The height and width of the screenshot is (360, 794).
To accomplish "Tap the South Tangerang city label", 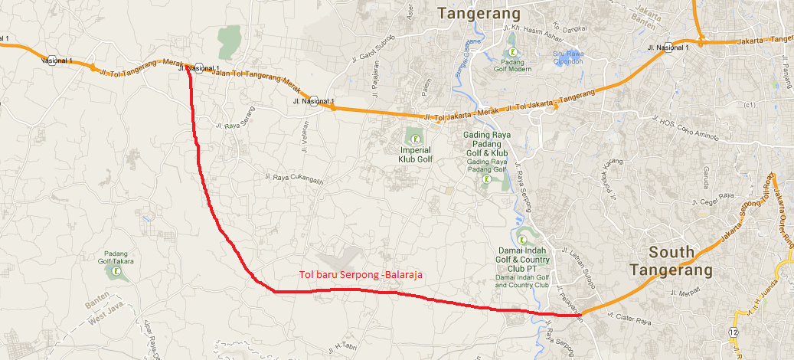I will (671, 260).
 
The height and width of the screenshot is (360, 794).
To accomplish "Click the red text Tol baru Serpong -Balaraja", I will (361, 273).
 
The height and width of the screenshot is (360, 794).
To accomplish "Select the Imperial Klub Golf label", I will (415, 155).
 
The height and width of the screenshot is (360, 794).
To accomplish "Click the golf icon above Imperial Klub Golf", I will (415, 139).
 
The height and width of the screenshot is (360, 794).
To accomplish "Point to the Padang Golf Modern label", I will (511, 64).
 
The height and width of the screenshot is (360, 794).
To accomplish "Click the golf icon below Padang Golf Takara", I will (116, 271).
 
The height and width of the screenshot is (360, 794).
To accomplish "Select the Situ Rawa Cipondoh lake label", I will (568, 58).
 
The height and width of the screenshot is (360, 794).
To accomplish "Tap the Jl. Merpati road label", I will (685, 292).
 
